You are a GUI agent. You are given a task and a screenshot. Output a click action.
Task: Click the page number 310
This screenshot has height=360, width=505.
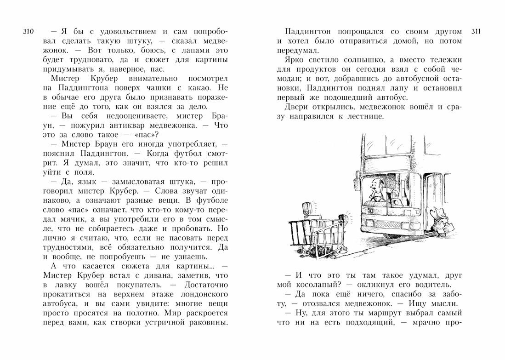point(28,32)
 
